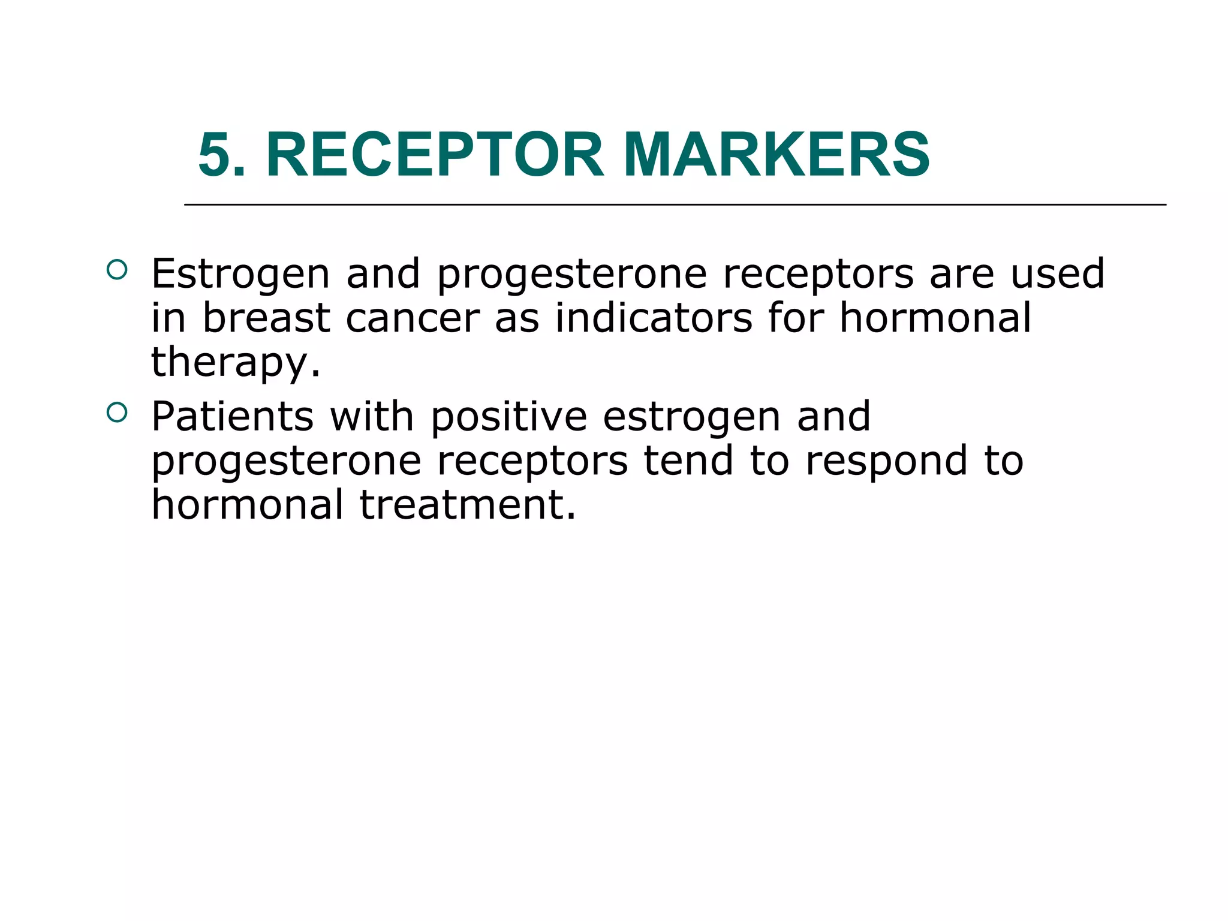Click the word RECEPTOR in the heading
(x=435, y=155)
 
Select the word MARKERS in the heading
(x=776, y=155)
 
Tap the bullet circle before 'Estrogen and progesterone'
(x=117, y=270)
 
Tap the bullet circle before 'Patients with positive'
(x=117, y=413)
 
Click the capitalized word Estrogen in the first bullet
(x=240, y=275)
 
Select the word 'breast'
(x=266, y=318)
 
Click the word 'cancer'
(x=413, y=318)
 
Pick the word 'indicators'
(x=653, y=318)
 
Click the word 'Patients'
(x=232, y=416)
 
